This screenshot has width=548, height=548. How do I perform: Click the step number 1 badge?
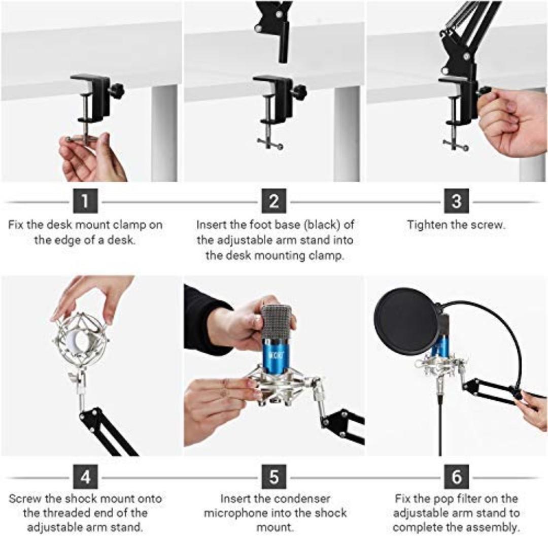click(85, 201)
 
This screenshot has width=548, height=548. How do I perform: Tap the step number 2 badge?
click(274, 201)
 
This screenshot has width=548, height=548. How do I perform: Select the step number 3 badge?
click(456, 201)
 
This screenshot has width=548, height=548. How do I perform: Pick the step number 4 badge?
click(85, 477)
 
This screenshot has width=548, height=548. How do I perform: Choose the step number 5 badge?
click(274, 477)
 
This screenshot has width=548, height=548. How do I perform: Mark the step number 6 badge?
click(456, 477)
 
